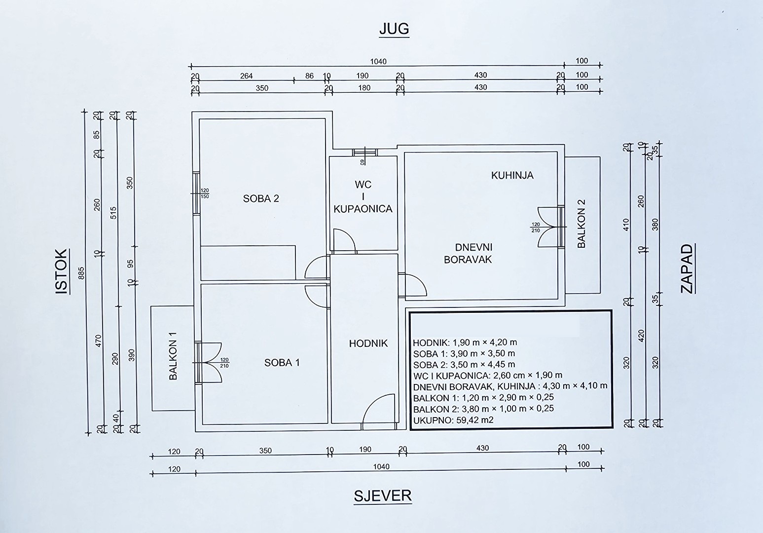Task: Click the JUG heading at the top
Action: (394, 29)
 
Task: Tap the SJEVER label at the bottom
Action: (383, 496)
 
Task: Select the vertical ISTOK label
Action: (62, 271)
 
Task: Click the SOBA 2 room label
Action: (261, 198)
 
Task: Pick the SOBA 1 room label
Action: (282, 363)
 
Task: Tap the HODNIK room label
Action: (368, 343)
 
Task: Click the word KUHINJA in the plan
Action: (512, 175)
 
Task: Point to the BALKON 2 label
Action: (581, 224)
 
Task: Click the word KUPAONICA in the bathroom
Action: (363, 209)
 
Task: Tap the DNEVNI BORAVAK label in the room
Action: (469, 253)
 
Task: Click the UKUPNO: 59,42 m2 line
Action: (453, 420)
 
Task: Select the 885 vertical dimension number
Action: (81, 273)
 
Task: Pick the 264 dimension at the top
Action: (246, 76)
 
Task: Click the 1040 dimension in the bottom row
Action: (381, 466)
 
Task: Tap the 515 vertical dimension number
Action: (114, 213)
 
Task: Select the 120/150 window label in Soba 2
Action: (205, 193)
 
